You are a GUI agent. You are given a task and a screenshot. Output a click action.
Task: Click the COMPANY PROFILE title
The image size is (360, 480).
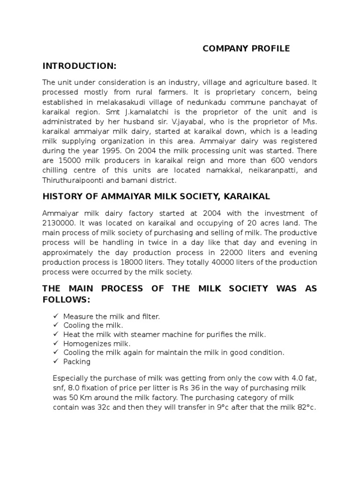click(246, 49)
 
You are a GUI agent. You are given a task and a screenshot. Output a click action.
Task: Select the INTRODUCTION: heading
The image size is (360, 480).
click(79, 65)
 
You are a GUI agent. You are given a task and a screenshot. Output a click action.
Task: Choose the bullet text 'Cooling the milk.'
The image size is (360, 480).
click(93, 325)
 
